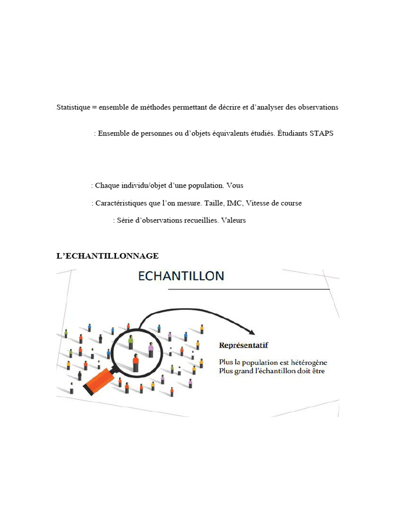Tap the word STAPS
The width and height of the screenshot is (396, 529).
(x=322, y=133)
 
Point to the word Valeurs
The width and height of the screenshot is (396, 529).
(x=234, y=220)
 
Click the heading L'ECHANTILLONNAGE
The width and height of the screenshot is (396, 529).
(x=107, y=256)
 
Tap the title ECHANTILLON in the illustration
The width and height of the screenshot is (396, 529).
(x=181, y=276)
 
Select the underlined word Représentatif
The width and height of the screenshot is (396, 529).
(x=243, y=345)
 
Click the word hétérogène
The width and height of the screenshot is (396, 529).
(x=307, y=362)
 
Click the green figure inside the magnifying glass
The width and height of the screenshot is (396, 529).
(x=130, y=341)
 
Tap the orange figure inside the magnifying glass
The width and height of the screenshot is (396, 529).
(x=136, y=362)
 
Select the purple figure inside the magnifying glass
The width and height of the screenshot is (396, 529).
(x=151, y=349)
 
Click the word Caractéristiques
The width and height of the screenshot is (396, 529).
(x=120, y=203)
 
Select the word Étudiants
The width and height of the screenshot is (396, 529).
(x=293, y=133)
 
